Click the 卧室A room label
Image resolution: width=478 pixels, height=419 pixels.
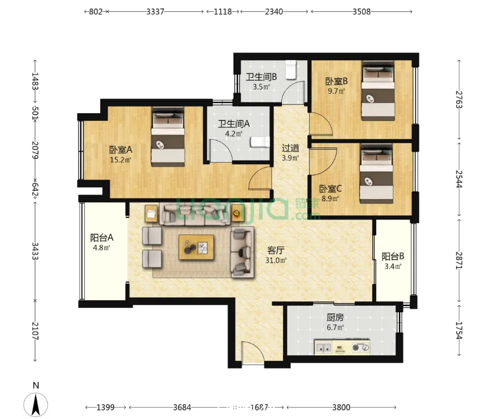click(121, 150)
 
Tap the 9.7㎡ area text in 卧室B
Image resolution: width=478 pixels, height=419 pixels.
click(336, 91)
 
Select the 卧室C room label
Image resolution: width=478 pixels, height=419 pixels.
click(330, 189)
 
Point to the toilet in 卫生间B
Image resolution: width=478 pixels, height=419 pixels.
click(291, 70)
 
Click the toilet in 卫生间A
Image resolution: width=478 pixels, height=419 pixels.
click(260, 142)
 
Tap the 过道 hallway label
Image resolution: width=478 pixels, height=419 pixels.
click(290, 148)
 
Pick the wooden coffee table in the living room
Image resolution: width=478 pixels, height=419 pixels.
click(196, 247)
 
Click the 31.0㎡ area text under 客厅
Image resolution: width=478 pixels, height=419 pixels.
click(276, 260)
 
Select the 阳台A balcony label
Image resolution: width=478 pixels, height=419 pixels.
click(101, 237)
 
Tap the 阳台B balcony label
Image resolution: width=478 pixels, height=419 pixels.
click(392, 256)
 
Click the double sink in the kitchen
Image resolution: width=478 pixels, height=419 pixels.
click(324, 347)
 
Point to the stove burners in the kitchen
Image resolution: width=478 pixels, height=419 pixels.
click(360, 347)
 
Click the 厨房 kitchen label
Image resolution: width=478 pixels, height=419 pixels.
click(335, 318)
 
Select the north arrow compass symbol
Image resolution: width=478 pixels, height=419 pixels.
click(36, 404)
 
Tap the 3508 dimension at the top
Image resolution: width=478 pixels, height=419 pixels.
click(361, 11)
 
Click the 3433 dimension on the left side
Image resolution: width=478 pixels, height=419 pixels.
click(35, 251)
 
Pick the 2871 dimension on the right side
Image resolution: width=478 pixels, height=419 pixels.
click(459, 260)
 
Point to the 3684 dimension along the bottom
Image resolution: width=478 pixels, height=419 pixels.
click(182, 408)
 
